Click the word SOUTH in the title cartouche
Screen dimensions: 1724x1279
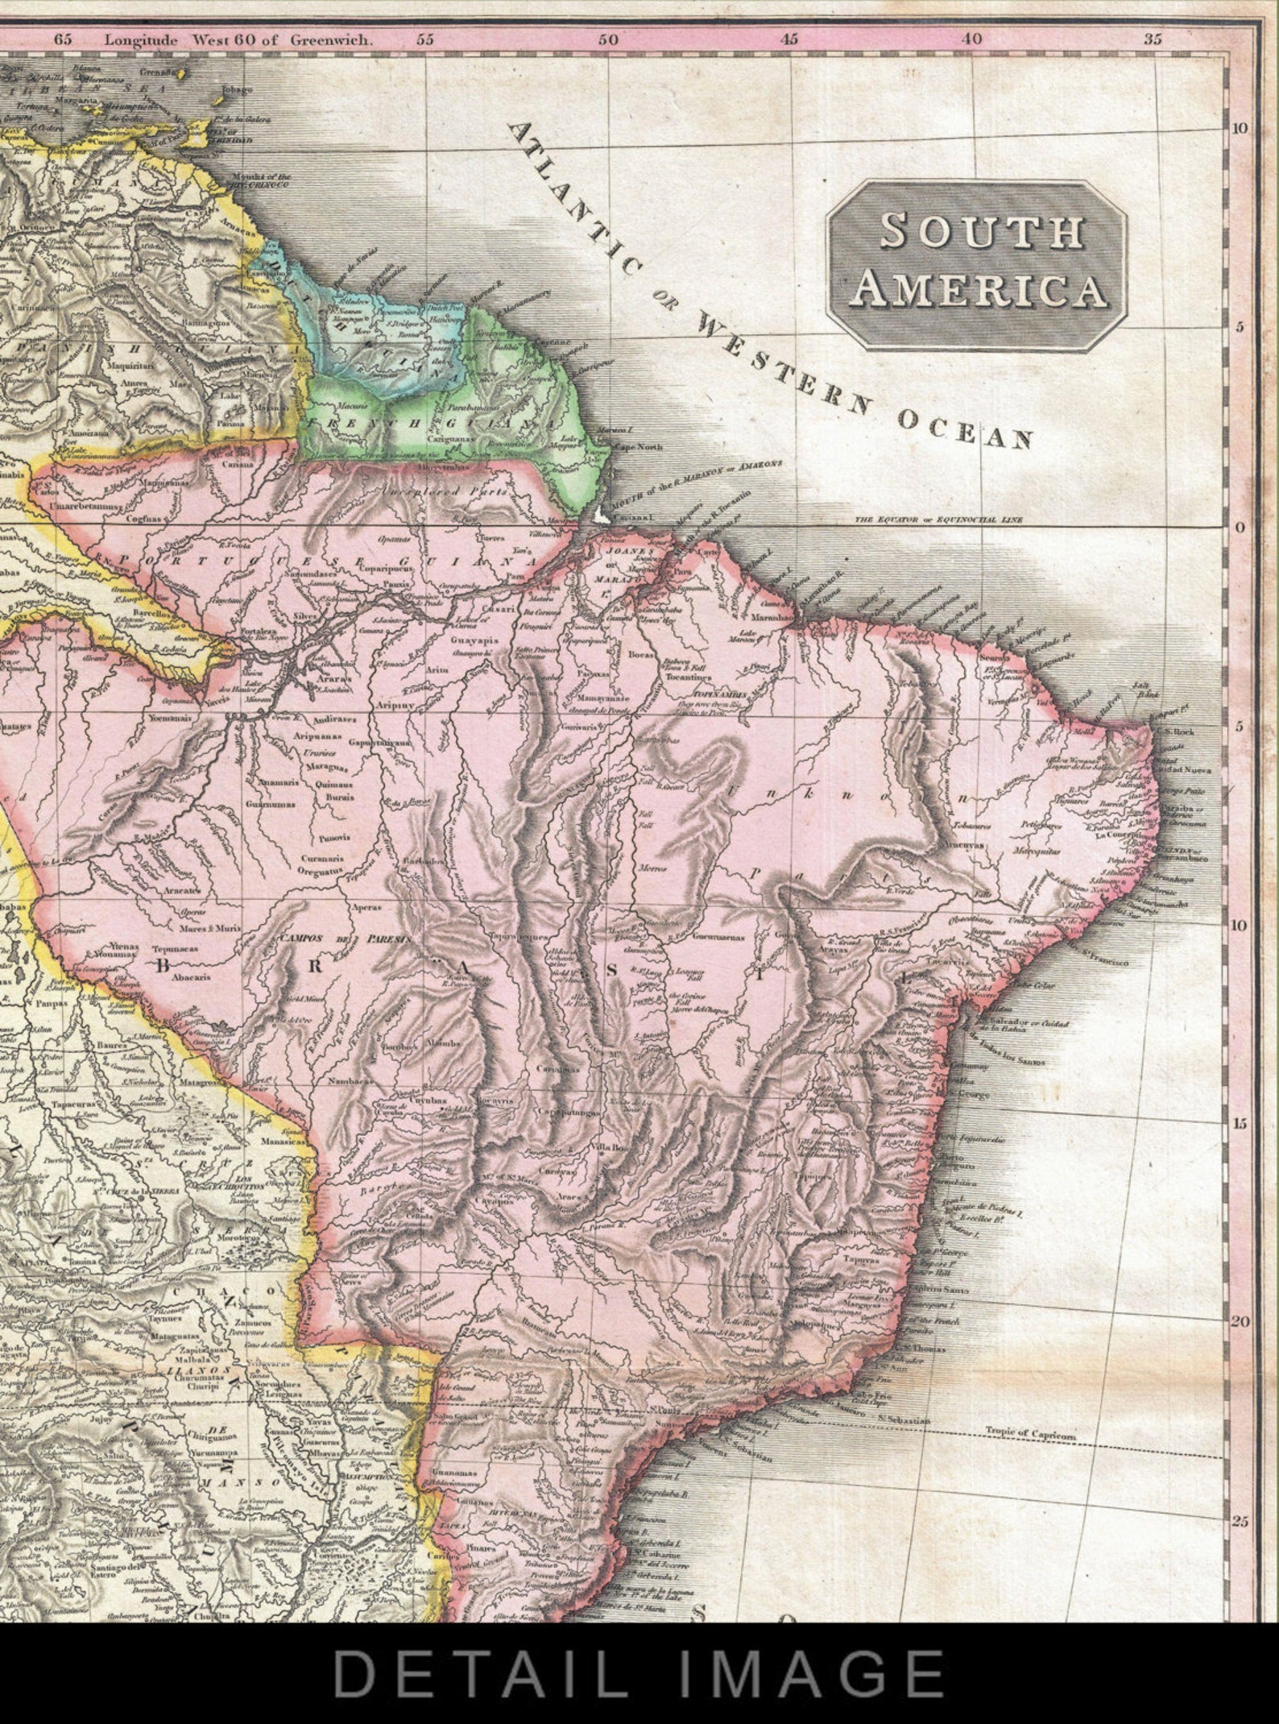981,230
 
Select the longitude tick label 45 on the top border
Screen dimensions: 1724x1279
790,39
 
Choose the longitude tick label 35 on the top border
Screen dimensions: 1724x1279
1153,39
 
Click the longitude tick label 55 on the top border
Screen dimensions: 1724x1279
425,39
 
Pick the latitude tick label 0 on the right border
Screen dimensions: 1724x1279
1240,528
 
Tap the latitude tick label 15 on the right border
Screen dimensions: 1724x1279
1240,1124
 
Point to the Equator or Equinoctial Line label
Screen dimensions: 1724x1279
938,520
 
